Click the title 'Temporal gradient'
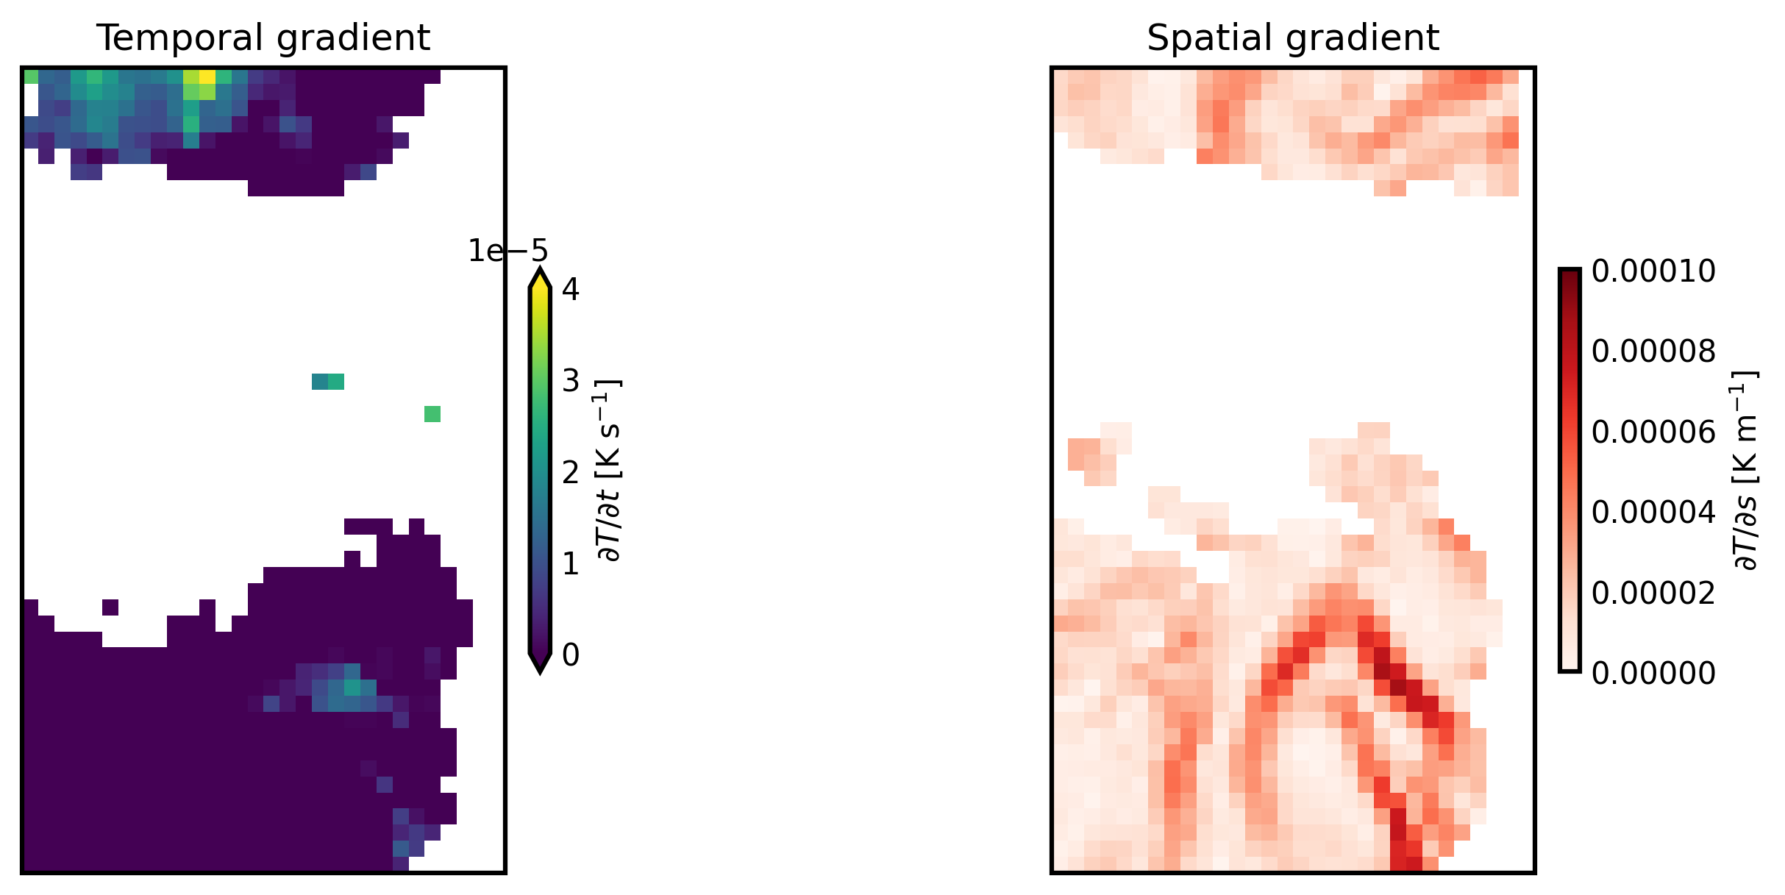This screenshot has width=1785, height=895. pos(263,38)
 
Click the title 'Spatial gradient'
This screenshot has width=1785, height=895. pos(1292,38)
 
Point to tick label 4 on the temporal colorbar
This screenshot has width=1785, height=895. pos(571,289)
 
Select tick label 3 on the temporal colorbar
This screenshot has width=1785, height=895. pos(571,381)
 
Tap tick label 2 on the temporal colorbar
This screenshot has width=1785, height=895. pos(571,472)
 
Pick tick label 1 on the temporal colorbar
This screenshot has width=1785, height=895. pos(571,564)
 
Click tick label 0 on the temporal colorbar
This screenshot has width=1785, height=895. pos(571,655)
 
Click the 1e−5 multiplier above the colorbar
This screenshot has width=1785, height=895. pos(508,252)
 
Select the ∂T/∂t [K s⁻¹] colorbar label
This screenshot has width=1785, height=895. pos(610,471)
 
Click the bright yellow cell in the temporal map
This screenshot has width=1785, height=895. pos(207,76)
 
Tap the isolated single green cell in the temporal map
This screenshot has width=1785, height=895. pos(432,414)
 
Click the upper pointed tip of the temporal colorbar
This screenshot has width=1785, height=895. pos(540,274)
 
